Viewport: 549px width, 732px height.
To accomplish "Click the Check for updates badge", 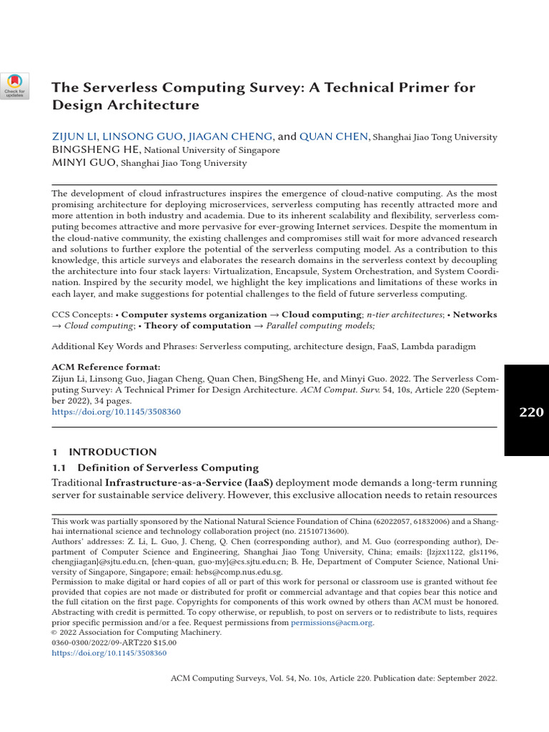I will click(x=14, y=85).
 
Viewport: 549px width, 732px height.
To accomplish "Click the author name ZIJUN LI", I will click(x=74, y=137).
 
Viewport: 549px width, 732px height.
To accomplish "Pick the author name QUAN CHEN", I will click(x=334, y=137).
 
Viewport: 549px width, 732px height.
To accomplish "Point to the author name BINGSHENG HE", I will click(x=97, y=150).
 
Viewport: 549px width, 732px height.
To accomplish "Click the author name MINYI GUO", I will click(x=85, y=163).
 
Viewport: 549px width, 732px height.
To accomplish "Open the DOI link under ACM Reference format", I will click(x=116, y=412).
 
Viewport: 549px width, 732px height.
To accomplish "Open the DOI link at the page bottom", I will click(x=109, y=653).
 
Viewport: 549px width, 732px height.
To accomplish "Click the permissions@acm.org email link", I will click(x=332, y=623).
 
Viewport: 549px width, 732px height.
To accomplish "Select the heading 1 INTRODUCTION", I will click(x=104, y=452).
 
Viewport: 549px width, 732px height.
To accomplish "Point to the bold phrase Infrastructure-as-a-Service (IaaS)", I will click(x=189, y=483).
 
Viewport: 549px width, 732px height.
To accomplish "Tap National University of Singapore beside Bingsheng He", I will click(x=212, y=151).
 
